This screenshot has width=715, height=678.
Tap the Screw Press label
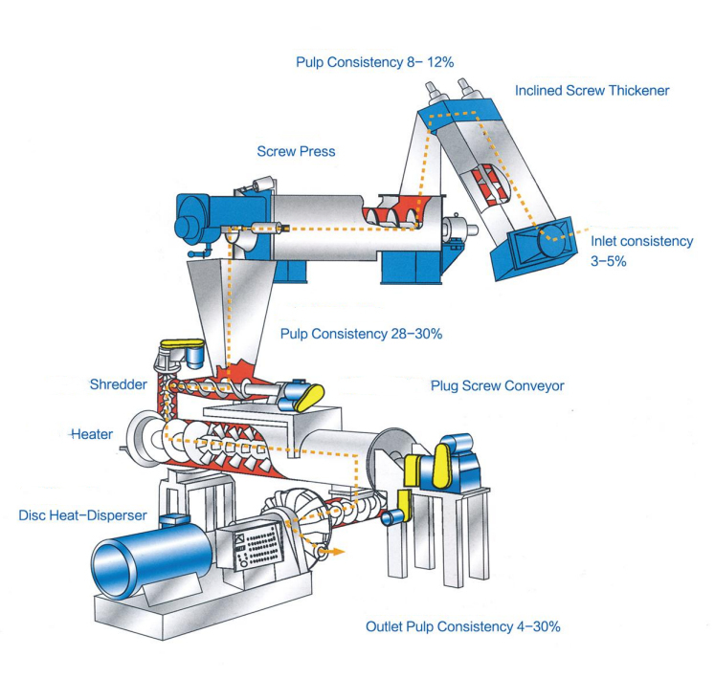click(x=296, y=151)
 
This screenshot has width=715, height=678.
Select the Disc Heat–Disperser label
click(x=82, y=515)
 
